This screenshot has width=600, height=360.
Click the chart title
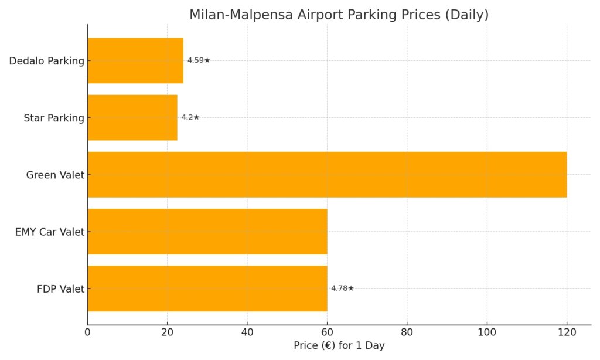click(339, 15)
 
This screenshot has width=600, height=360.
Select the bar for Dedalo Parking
click(135, 60)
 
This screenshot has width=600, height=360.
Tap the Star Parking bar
click(132, 117)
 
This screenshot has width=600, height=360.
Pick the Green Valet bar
click(327, 174)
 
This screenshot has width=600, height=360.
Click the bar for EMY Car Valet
click(207, 232)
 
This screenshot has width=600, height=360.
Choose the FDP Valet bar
click(207, 288)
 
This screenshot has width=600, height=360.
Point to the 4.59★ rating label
click(199, 60)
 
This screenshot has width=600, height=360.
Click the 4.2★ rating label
click(190, 117)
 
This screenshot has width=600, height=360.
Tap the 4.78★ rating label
click(343, 288)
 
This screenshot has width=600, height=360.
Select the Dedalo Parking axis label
click(47, 61)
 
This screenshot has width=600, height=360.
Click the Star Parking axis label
click(54, 118)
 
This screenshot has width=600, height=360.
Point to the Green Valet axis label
click(55, 175)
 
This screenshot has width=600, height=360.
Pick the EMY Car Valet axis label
click(50, 232)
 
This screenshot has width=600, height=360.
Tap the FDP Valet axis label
click(60, 288)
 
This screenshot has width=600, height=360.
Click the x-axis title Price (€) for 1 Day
click(339, 345)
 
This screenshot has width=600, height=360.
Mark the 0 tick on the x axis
click(88, 332)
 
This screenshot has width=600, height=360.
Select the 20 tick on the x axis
click(168, 332)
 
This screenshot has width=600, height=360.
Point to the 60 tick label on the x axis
click(327, 332)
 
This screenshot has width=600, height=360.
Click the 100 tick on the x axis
click(487, 332)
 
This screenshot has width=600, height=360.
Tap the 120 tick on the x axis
click(567, 332)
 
